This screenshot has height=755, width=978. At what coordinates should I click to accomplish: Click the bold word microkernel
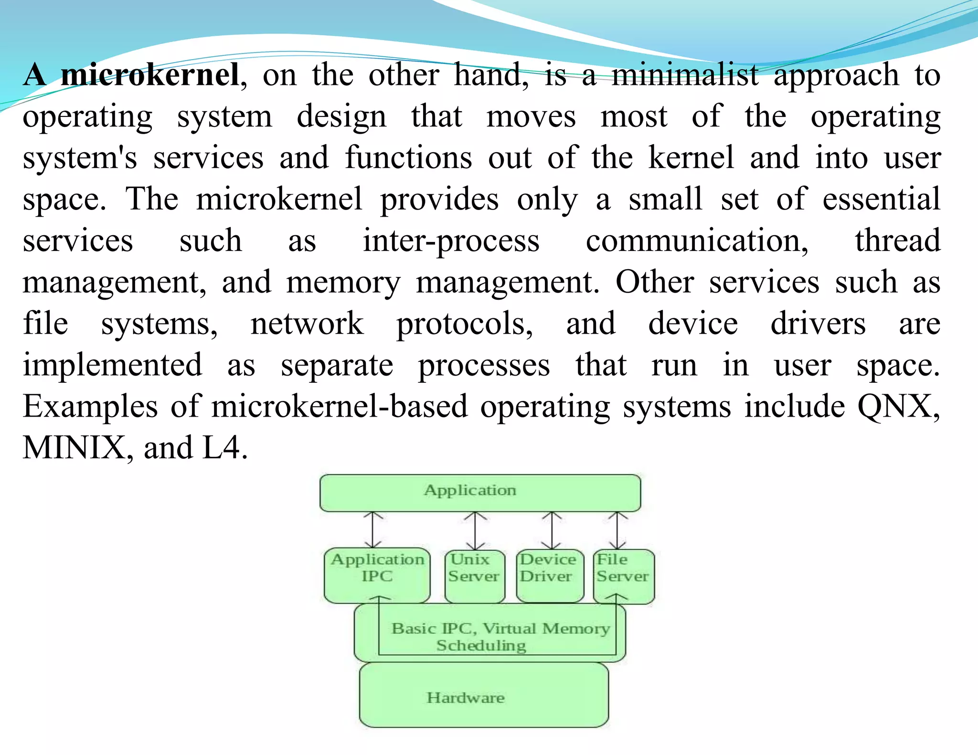click(149, 75)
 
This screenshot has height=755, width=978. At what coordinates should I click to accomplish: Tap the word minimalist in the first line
click(685, 75)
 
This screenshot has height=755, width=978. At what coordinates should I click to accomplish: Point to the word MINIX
click(74, 448)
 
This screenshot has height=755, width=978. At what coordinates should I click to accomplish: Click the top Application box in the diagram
click(480, 493)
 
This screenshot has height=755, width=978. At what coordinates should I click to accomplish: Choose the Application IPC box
click(377, 575)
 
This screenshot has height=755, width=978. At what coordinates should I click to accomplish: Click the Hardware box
click(483, 697)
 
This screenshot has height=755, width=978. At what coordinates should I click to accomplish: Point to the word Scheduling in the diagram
click(481, 645)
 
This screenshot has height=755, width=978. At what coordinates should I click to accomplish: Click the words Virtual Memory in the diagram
click(546, 628)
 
